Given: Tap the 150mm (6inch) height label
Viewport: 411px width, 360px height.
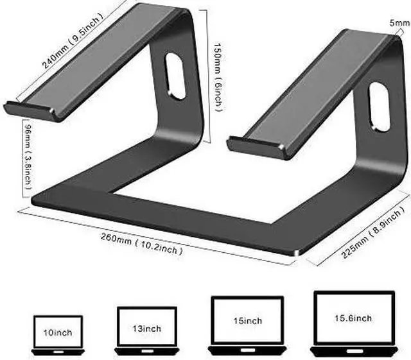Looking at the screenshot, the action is [x=218, y=78].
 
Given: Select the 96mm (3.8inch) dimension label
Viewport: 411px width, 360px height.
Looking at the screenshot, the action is [x=28, y=157].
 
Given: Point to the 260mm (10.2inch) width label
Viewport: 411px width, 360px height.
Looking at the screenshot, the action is [x=141, y=244].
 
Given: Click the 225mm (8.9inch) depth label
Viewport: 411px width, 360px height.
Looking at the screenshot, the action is [x=371, y=232].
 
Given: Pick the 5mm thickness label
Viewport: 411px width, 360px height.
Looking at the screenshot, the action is [x=399, y=23].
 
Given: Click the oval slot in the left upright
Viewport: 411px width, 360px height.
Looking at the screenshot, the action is [x=175, y=76].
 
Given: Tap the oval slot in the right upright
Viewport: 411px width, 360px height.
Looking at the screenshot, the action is [x=379, y=107].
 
